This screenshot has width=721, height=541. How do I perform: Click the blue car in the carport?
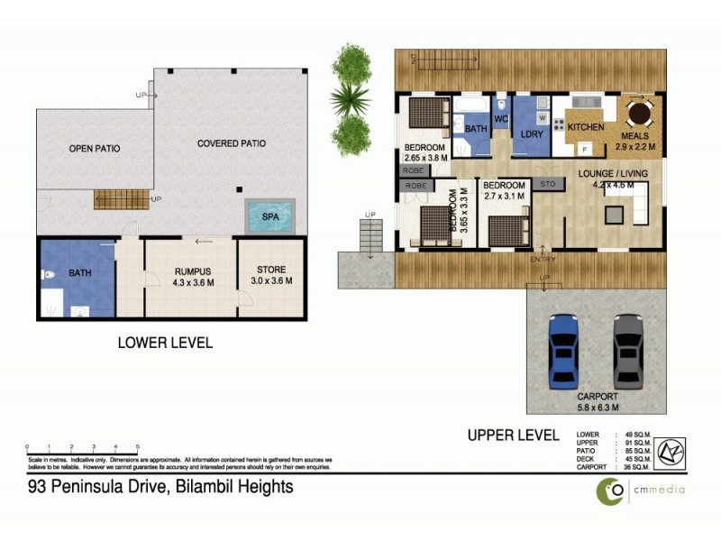point(561,349)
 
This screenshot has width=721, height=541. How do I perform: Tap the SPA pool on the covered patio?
point(269,217)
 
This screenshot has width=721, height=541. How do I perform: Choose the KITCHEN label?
point(585,127)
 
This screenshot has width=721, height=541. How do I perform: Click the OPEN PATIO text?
point(96,148)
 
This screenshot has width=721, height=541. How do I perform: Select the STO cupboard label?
point(547,184)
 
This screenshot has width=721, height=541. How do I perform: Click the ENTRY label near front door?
point(544,260)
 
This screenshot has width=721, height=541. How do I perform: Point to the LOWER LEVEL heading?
point(165,343)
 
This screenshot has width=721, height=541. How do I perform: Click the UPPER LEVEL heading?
point(513,435)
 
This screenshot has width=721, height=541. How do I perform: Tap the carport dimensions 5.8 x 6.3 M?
point(597,407)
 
